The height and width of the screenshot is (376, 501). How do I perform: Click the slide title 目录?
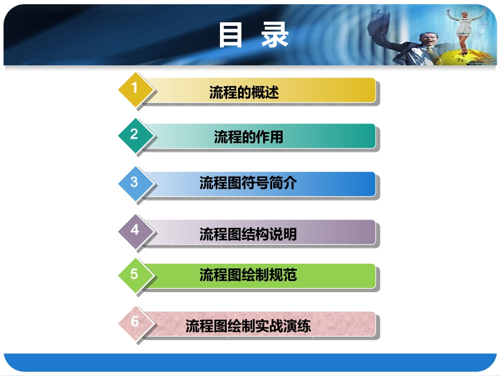pyautogui.click(x=254, y=35)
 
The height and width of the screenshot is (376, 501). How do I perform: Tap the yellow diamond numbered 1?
pyautogui.click(x=135, y=89)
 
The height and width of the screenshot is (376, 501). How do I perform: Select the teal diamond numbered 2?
pyautogui.click(x=135, y=134)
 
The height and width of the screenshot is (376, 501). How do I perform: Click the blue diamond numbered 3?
pyautogui.click(x=135, y=182)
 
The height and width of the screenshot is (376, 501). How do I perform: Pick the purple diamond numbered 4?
pyautogui.click(x=135, y=230)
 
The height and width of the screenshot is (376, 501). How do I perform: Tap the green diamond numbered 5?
pyautogui.click(x=135, y=274)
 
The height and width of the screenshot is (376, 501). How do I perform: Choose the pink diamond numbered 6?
pyautogui.click(x=135, y=322)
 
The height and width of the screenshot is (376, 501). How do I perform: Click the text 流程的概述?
pyautogui.click(x=244, y=93)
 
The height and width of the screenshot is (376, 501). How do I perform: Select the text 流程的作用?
pyautogui.click(x=248, y=138)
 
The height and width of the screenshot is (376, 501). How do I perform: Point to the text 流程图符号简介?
pyautogui.click(x=248, y=183)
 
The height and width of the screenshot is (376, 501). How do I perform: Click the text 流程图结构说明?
pyautogui.click(x=248, y=234)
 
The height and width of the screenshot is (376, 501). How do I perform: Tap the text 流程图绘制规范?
pyautogui.click(x=248, y=275)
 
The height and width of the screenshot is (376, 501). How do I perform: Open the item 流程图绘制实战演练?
pyautogui.click(x=248, y=326)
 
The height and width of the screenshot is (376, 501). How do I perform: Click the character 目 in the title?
pyautogui.click(x=230, y=35)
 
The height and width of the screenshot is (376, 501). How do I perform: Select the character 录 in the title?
pyautogui.click(x=275, y=35)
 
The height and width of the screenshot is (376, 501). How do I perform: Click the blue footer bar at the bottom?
pyautogui.click(x=250, y=363)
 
